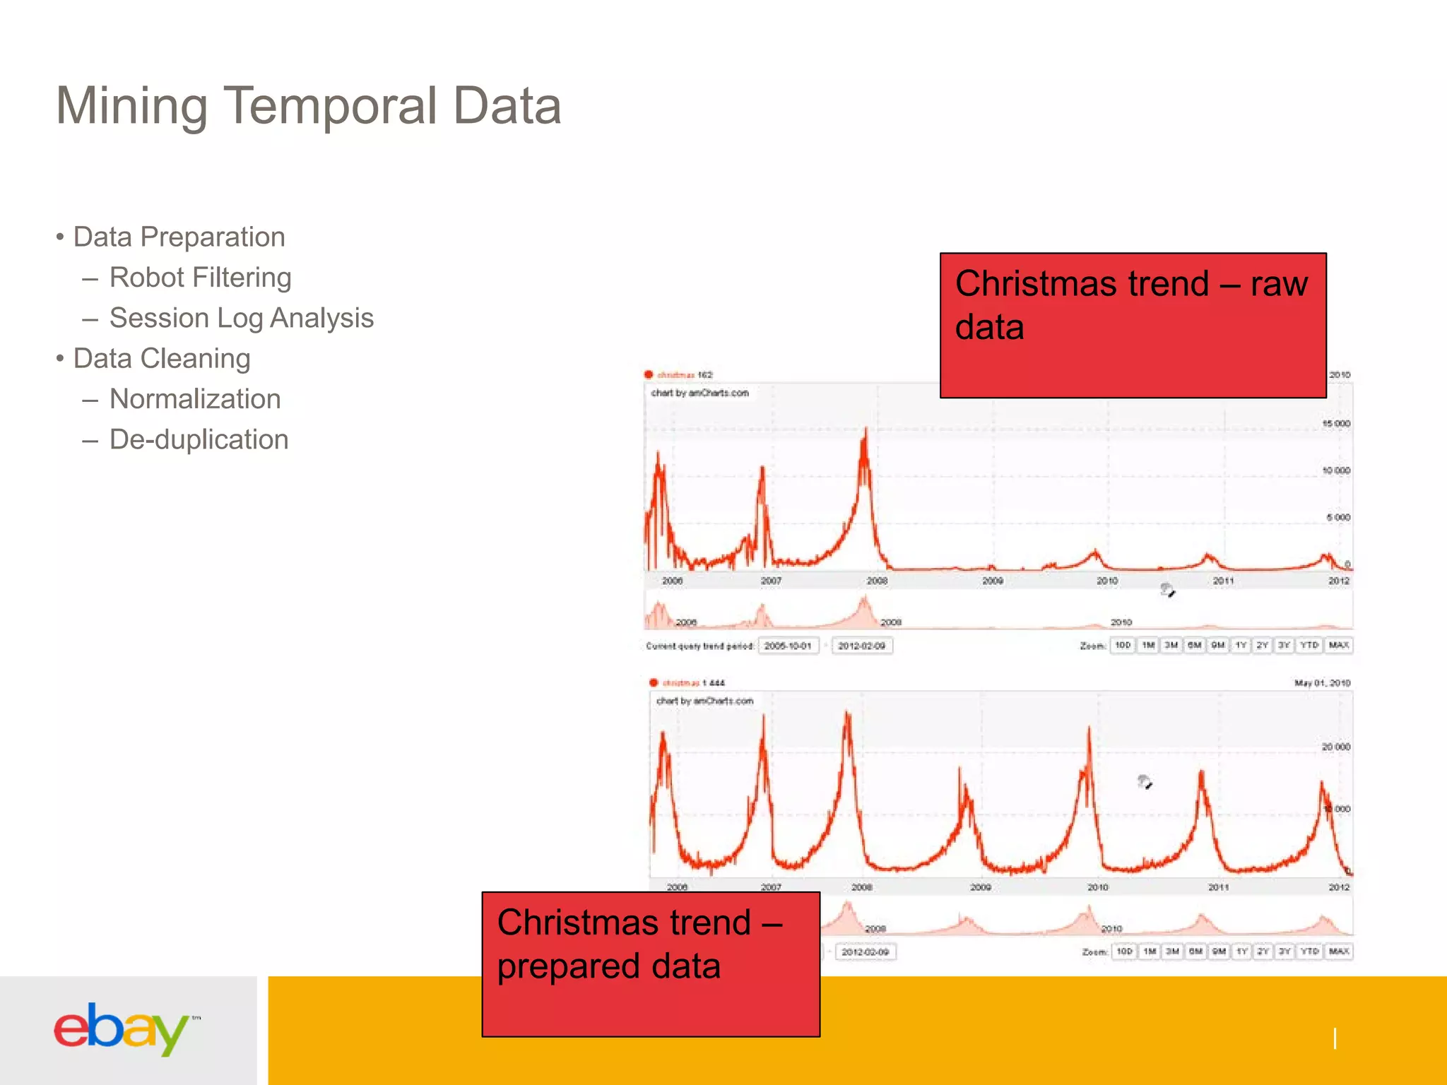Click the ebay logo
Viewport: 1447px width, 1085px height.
pos(122,1028)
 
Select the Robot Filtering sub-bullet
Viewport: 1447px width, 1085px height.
pos(200,278)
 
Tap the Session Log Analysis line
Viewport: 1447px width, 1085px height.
pos(241,318)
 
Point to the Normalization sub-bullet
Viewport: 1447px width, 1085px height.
pos(195,399)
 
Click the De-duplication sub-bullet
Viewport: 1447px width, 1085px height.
pos(199,439)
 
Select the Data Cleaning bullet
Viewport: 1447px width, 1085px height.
pos(161,358)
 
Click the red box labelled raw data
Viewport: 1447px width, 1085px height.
pos(1133,325)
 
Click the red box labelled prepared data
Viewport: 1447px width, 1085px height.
pos(650,964)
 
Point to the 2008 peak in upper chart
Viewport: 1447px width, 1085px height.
pos(866,432)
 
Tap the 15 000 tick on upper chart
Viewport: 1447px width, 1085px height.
pos(1335,423)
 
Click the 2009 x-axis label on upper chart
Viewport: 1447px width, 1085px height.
pos(992,581)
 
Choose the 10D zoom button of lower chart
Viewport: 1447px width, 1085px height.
pos(1124,951)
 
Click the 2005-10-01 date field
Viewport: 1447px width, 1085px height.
pos(788,646)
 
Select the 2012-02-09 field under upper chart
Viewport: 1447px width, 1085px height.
pos(861,646)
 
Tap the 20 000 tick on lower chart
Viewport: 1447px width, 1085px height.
pos(1335,747)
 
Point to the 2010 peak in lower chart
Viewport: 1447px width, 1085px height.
pos(1089,731)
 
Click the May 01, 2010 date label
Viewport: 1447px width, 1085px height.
pos(1321,683)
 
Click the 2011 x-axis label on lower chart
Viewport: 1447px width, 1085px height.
pos(1218,887)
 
